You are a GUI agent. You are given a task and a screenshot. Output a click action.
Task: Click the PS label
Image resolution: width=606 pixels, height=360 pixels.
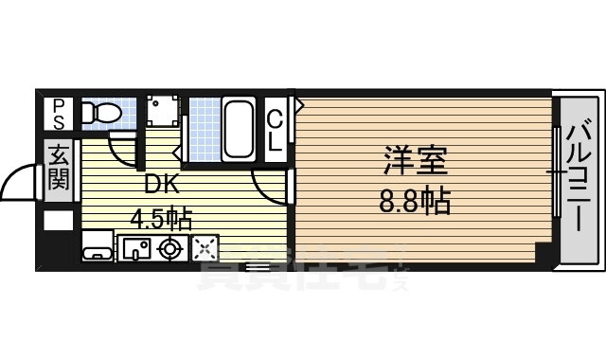click(59, 115)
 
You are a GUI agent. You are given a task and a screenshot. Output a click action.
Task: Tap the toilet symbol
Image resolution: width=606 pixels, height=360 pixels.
click(99, 115)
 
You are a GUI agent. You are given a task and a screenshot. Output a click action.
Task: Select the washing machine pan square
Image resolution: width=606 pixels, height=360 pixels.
click(162, 114)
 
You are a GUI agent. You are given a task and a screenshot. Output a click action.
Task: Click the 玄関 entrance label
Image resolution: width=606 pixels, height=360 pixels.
click(59, 166)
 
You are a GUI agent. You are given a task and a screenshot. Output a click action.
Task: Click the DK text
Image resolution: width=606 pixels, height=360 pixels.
click(161, 185)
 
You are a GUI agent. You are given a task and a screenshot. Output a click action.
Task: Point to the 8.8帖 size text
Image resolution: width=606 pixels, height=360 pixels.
click(415, 201)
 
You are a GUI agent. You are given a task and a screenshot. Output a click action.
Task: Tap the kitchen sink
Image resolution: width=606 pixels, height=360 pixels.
click(137, 248)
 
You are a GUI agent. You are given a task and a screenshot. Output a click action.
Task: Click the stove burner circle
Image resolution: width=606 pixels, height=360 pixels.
click(171, 248)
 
